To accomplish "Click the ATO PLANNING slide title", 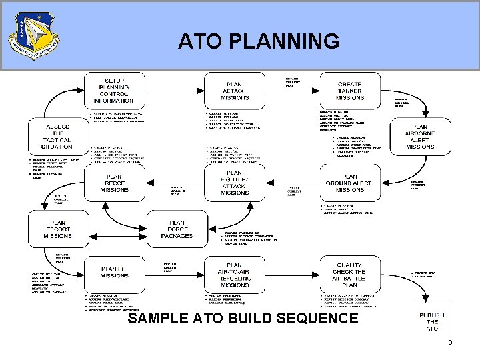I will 258,42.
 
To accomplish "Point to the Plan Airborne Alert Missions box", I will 419,138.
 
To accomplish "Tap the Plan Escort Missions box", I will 57,230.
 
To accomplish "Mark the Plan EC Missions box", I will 113,273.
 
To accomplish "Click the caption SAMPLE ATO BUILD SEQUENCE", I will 243,319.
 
